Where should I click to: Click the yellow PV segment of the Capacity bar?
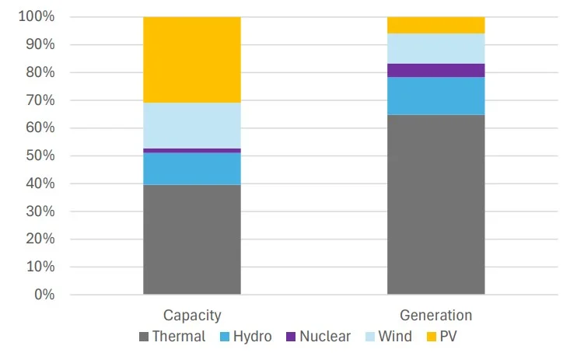coord(192,60)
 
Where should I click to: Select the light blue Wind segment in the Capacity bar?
coord(192,125)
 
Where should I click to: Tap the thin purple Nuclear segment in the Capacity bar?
coord(192,150)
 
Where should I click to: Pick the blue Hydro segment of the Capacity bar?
coord(192,169)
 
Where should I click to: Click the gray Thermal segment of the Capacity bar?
coord(192,239)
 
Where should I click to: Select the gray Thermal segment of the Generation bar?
coord(435,204)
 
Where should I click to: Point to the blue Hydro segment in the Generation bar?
coord(435,96)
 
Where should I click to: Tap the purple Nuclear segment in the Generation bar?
coord(435,70)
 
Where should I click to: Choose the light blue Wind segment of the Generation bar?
coord(435,48)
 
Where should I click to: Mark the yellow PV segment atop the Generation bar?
coord(435,25)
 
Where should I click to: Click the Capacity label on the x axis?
coord(192,316)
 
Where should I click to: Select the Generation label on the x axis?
coord(435,316)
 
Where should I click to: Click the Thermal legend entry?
coord(172,337)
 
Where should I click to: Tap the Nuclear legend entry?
coord(317,337)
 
